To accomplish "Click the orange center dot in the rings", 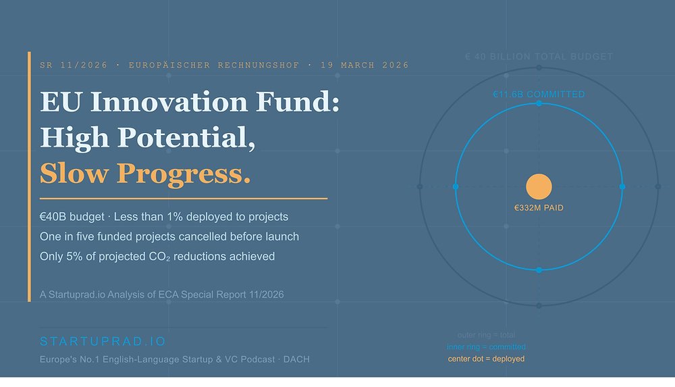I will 539,186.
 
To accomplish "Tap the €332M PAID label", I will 539,208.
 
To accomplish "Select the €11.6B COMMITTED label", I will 539,94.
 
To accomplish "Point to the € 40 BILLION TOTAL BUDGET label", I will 539,57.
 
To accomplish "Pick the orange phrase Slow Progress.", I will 145,174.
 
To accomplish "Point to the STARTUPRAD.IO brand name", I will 103,341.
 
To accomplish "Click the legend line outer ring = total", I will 486,335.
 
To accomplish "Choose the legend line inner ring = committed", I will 486,347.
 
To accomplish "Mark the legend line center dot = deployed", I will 486,359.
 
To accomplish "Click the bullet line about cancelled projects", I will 169,236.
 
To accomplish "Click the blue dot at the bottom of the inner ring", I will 539,269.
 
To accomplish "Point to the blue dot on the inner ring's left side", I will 456,186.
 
